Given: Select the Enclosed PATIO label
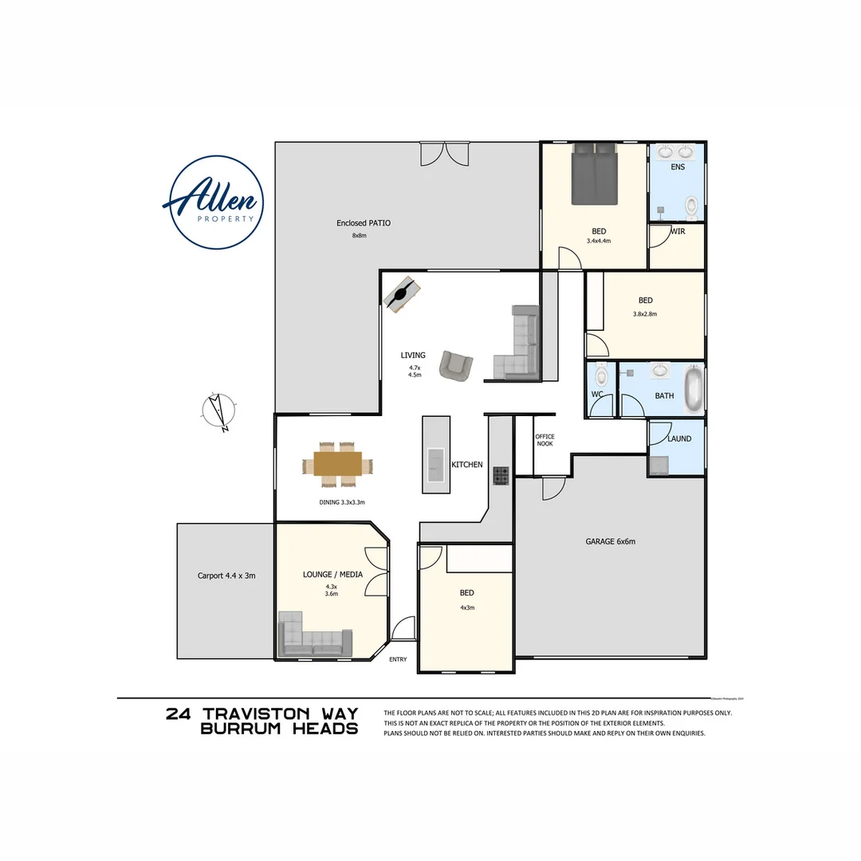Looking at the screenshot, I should [364, 223].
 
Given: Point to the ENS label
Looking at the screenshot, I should [678, 167].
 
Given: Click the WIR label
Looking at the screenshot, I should [678, 231].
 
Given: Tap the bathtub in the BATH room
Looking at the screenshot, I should [694, 389].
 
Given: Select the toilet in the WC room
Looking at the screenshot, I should [601, 374].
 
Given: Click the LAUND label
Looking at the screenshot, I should [679, 438].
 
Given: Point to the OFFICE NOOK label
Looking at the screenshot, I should [545, 440].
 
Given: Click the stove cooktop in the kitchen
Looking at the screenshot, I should [501, 476].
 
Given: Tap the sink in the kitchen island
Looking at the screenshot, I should [436, 465].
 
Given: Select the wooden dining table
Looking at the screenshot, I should [338, 464].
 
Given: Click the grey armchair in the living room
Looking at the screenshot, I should [456, 365].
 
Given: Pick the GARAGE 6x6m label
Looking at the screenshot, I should [610, 541].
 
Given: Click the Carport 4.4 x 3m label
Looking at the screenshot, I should [226, 575].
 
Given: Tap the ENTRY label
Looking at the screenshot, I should [398, 659].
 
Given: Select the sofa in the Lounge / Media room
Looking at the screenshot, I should [313, 639].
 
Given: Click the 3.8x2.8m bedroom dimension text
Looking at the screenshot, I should [645, 314].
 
